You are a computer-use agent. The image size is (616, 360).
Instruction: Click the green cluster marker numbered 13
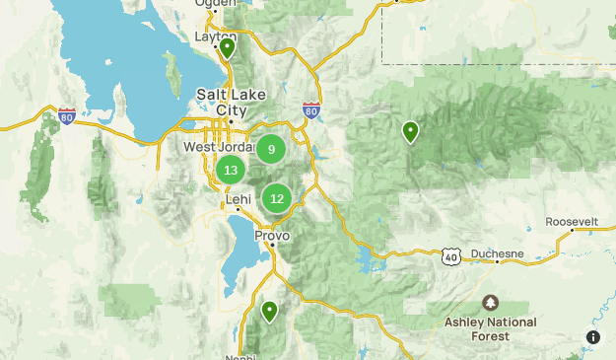pos(231,170)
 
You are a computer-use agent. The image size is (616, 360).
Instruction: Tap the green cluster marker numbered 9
pos(271,149)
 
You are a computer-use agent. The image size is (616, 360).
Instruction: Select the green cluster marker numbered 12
pos(277,197)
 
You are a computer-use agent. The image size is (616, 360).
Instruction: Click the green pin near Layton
pos(227,46)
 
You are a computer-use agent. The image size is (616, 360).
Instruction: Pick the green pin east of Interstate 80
pos(410,130)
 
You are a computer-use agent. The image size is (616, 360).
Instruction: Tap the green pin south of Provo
pos(268,312)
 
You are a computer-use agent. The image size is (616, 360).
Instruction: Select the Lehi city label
pos(239,198)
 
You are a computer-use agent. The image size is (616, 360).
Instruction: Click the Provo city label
pos(272,237)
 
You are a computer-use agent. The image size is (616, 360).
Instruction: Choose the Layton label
pos(217,36)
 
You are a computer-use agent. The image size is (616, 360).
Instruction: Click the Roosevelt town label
pos(572,222)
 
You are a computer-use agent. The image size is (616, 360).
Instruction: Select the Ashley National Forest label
pos(490,328)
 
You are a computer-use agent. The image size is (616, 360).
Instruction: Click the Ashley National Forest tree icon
pos(490,302)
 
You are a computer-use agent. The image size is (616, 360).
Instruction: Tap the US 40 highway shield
pos(450,256)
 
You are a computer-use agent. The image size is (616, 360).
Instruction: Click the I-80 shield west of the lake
pos(67,116)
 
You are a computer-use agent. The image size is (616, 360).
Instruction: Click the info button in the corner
pos(593,337)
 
